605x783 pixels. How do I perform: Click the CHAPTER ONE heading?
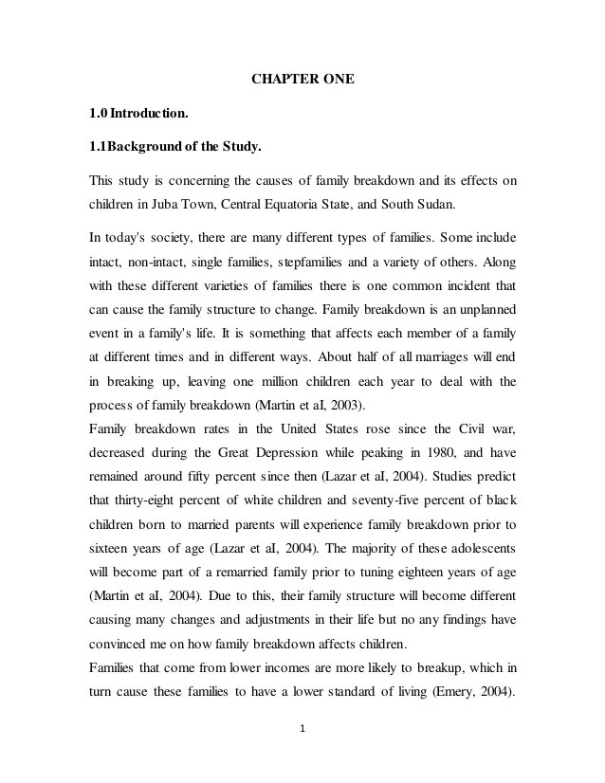(302, 79)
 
